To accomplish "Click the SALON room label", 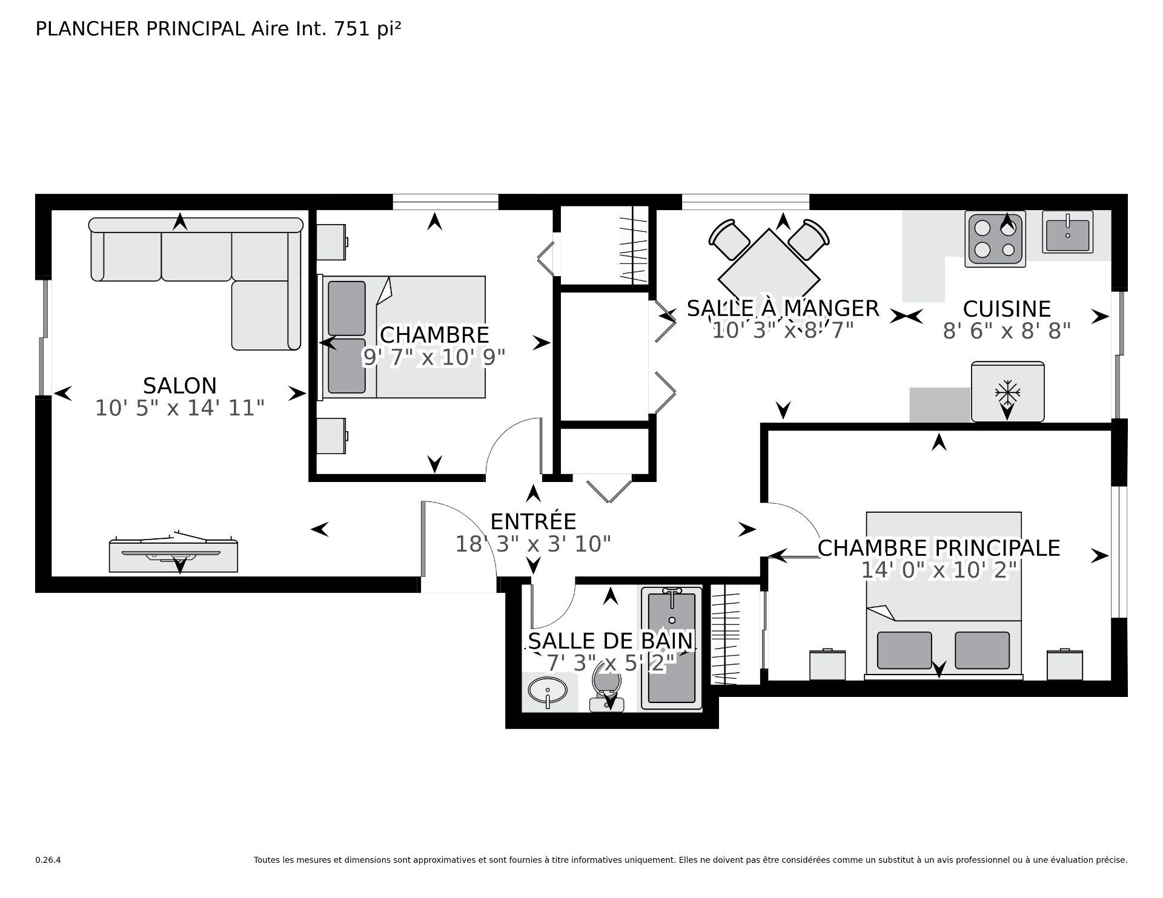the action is (180, 385).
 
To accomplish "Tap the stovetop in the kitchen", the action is (995, 239).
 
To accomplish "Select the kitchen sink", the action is (1067, 232).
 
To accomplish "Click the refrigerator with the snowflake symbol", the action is (1007, 391).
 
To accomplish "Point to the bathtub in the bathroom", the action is (672, 649).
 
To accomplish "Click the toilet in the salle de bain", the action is (607, 686).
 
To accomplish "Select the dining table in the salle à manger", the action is (769, 272).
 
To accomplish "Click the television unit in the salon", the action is (173, 552).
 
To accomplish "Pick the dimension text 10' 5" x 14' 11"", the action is (180, 408).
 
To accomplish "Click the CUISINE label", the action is (1007, 309).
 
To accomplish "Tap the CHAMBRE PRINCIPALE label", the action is (939, 548).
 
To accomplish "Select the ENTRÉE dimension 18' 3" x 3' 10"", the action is (533, 544).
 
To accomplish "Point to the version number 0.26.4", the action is (48, 860).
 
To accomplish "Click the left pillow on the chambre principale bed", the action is (904, 650).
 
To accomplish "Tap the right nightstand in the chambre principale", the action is (1065, 664).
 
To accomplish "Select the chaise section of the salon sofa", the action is (266, 315).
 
